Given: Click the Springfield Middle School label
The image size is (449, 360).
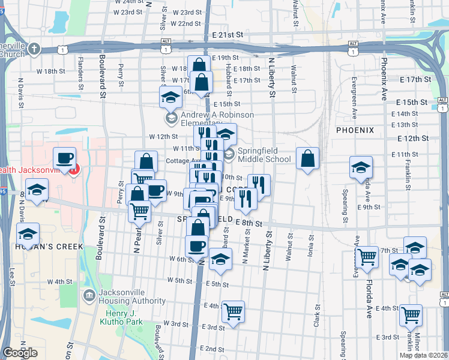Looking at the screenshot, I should (x=264, y=155).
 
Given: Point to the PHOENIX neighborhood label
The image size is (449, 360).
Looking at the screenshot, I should (x=355, y=130).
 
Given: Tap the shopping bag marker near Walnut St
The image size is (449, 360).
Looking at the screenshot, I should (x=307, y=159).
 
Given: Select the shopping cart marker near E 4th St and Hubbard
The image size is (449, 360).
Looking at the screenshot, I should (x=232, y=312).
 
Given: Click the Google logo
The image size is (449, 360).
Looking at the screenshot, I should (x=20, y=353).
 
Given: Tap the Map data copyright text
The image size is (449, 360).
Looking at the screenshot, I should (x=424, y=355).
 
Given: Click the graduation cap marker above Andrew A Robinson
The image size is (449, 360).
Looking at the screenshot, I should (x=170, y=97).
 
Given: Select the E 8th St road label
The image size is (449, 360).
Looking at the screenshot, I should (x=249, y=223).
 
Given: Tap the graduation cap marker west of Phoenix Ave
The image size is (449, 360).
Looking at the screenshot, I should (x=361, y=167).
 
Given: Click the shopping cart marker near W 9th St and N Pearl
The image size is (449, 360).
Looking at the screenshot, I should (x=143, y=179).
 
